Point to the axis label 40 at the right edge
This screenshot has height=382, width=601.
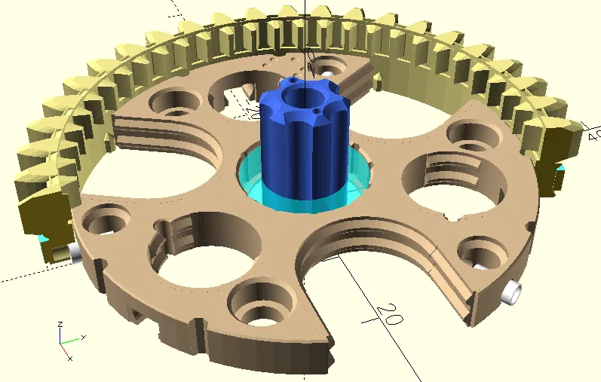point(593,135)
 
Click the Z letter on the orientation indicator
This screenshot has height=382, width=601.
point(60,325)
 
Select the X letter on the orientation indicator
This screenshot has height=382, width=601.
point(70,358)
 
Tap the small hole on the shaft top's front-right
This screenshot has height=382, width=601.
point(314,112)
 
